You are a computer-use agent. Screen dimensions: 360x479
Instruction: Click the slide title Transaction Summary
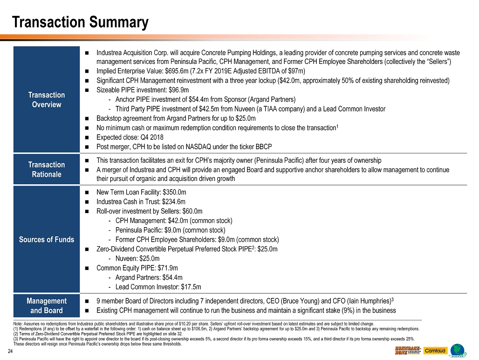pos(80,22)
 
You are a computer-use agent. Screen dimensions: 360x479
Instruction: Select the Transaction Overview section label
pos(47,99)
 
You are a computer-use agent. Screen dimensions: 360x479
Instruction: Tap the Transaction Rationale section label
pos(47,169)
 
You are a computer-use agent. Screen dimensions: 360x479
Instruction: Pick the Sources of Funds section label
pos(47,239)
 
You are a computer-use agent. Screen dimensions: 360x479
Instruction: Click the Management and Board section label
pos(47,305)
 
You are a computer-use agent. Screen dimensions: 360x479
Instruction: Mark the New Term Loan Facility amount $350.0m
pos(176,192)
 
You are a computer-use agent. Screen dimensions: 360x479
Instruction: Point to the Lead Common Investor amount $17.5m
pos(192,287)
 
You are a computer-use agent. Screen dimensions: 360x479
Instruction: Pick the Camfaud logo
pos(435,351)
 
